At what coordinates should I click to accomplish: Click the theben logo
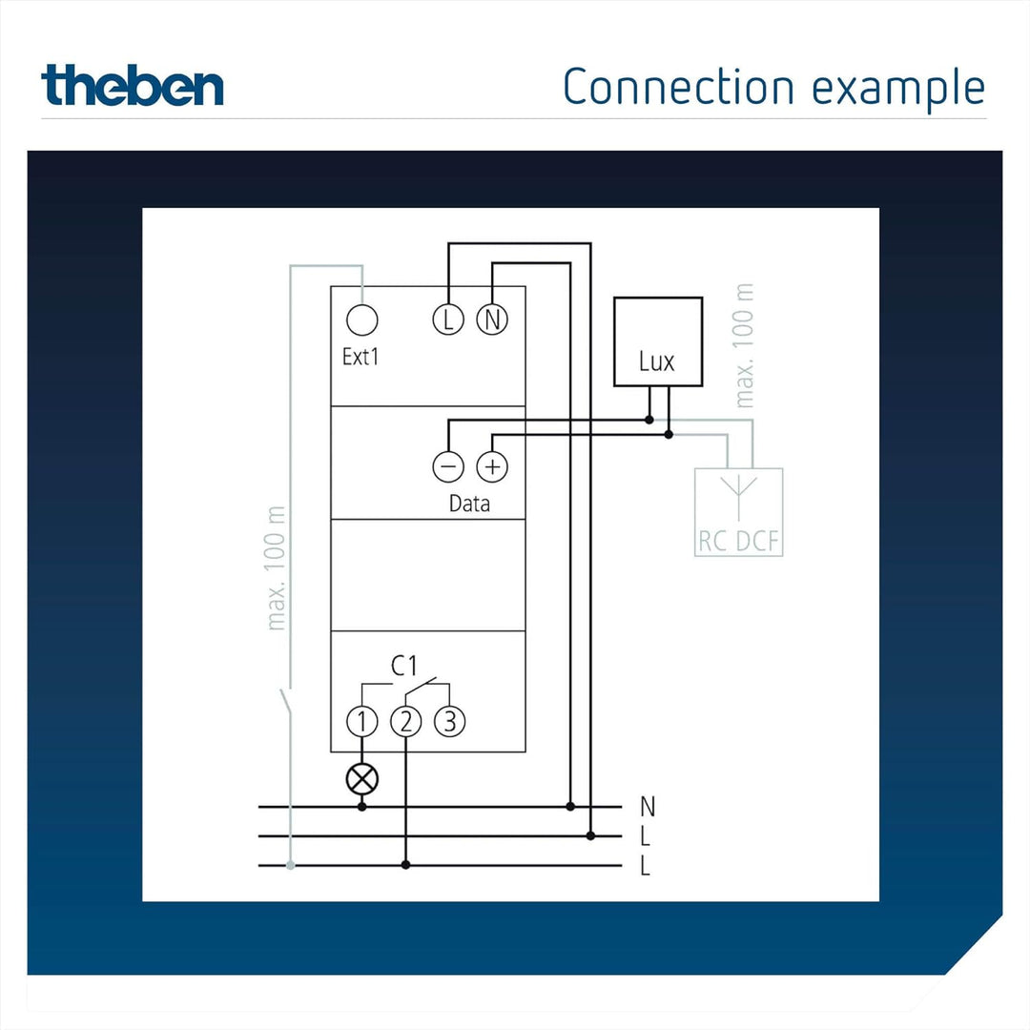point(132,86)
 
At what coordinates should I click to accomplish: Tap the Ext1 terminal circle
point(362,319)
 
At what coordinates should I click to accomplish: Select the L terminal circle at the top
point(448,319)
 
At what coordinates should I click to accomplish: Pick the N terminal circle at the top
point(492,319)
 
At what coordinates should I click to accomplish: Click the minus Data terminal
point(448,466)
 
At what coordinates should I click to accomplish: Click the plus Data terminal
point(492,466)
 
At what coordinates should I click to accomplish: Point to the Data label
point(469,504)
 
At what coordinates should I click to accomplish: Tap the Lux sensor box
point(658,341)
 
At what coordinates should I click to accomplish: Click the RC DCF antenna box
point(739,512)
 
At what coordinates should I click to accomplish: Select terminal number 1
point(362,721)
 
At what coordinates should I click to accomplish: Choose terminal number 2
point(406,721)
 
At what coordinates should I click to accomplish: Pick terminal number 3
point(450,721)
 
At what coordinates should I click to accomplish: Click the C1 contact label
point(404,666)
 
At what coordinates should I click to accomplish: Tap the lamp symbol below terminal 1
point(362,780)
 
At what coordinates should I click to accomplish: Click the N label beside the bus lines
point(648,806)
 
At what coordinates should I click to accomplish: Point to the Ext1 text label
point(360,357)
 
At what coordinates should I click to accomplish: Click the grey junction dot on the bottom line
point(290,866)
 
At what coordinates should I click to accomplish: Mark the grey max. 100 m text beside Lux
point(744,345)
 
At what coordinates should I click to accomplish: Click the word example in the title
point(898,89)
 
